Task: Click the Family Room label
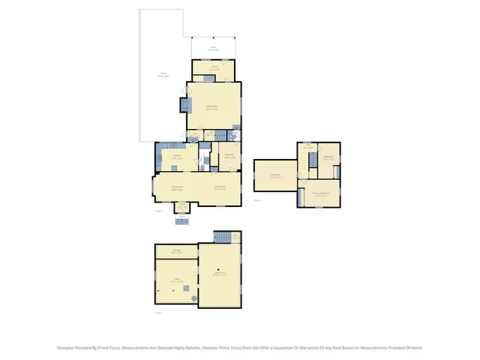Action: (212, 108)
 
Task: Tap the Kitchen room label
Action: (177, 158)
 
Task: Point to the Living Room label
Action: (220, 187)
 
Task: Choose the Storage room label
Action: (176, 252)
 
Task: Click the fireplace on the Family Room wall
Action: (184, 106)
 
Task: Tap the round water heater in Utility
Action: (193, 298)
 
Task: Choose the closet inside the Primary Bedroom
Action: (336, 172)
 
